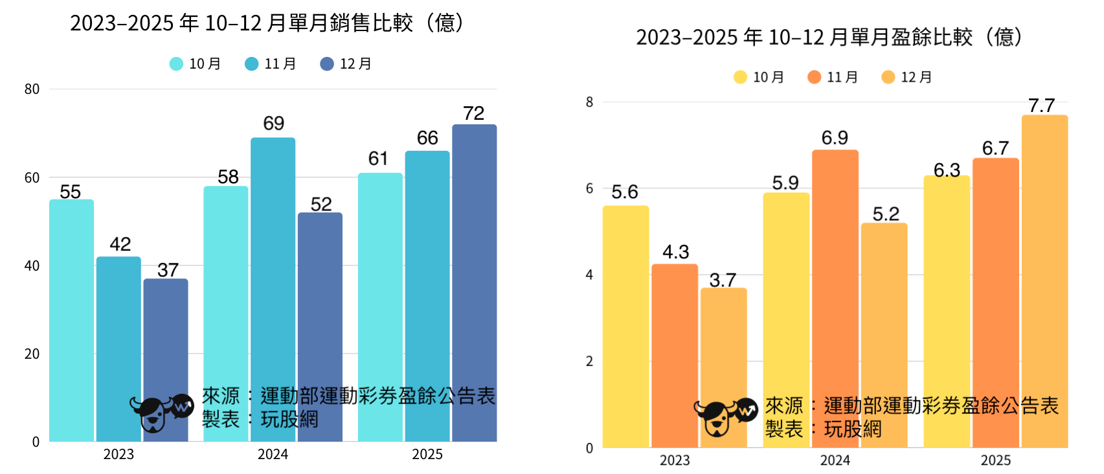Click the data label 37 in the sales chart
(x=168, y=270)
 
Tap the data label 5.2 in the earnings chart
(x=886, y=214)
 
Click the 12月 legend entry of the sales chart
(x=346, y=64)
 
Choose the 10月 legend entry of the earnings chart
(x=759, y=78)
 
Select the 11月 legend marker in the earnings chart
(x=815, y=78)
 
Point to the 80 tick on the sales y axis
(x=32, y=89)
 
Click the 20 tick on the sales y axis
(x=32, y=354)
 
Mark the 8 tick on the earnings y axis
(x=589, y=102)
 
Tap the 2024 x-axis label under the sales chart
(x=273, y=455)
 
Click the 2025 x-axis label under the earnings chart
(x=995, y=460)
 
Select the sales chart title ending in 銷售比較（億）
(x=267, y=23)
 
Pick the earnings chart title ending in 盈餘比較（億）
(x=829, y=37)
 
